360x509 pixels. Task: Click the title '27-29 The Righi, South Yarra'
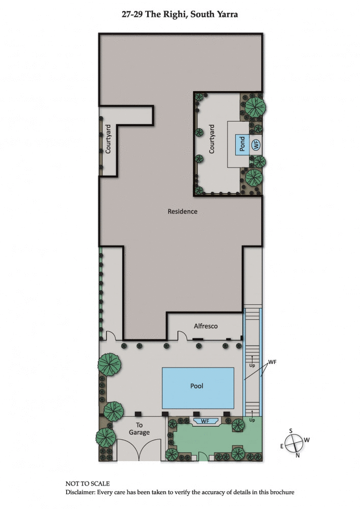click(180, 15)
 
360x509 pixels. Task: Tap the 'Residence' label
click(182, 211)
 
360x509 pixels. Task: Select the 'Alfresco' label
click(206, 326)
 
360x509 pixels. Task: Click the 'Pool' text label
click(197, 386)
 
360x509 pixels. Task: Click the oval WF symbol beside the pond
click(256, 144)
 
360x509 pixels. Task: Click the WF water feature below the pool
click(205, 421)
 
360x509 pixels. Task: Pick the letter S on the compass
click(291, 431)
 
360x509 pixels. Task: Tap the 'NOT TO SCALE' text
click(88, 484)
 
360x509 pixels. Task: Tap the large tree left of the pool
click(110, 364)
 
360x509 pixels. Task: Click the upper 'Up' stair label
click(252, 365)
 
